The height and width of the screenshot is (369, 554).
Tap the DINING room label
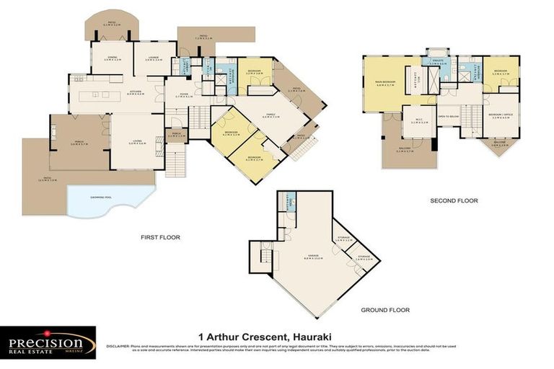(x=112, y=58)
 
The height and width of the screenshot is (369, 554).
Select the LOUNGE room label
(x=153, y=58)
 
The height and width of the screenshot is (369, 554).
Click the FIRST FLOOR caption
(x=160, y=236)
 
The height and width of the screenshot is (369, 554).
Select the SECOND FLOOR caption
(x=454, y=200)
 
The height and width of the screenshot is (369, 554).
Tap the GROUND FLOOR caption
(x=384, y=310)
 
